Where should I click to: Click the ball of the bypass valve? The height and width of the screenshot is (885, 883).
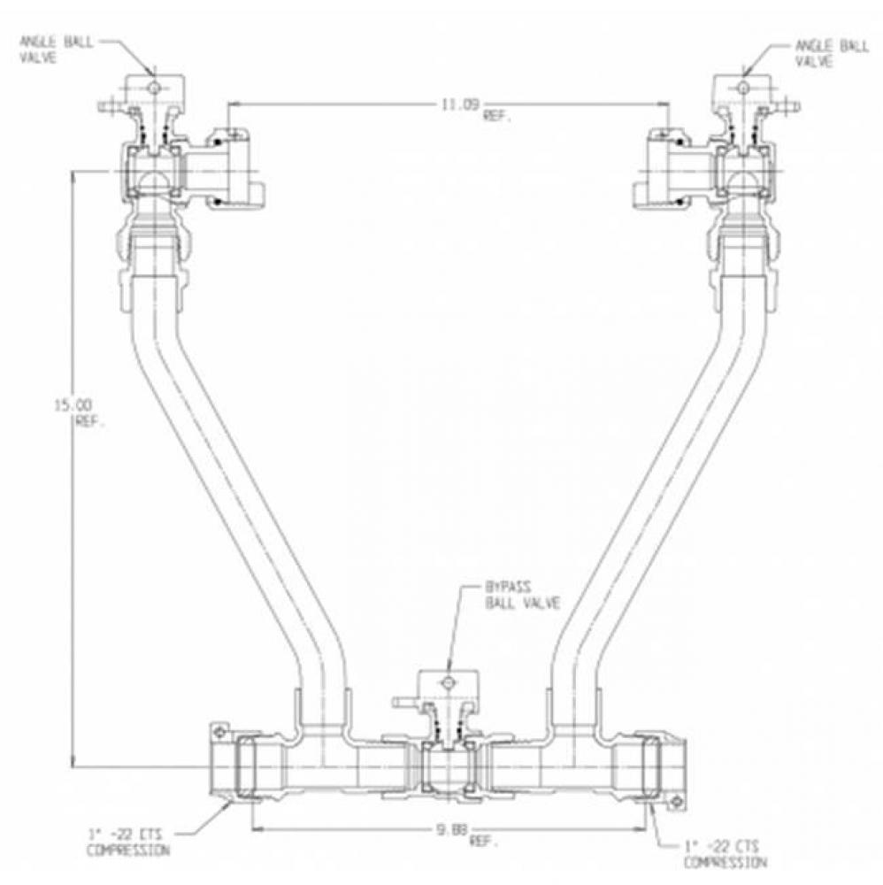[447, 763]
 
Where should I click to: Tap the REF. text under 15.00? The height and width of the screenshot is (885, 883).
[88, 422]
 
